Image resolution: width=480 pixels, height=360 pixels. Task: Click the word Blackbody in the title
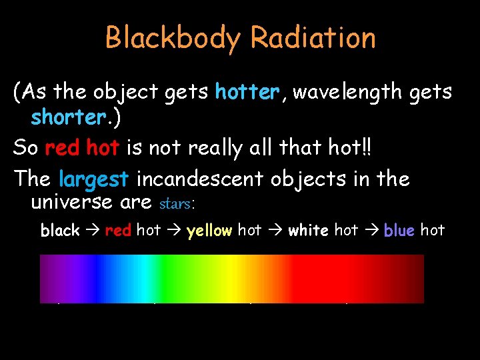pos(171,38)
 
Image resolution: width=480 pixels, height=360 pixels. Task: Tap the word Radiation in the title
pos(313,38)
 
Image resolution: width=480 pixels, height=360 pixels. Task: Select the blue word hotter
pos(246,92)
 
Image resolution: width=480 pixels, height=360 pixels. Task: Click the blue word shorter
pos(67,117)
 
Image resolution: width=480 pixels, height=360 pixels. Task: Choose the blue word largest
pos(93,179)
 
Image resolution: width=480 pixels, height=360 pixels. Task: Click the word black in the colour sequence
pos(60,231)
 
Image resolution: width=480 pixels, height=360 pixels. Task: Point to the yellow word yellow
pos(210,231)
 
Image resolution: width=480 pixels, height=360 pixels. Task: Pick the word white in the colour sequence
pos(308,231)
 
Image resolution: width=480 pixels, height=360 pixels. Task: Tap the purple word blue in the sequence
pos(399,231)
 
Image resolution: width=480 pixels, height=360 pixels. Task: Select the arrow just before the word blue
pos(371,231)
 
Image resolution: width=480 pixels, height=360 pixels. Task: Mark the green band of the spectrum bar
pos(180,279)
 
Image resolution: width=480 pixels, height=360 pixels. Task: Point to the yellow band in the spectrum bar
pos(233,279)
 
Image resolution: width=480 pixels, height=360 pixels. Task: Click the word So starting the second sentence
pos(25,147)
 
